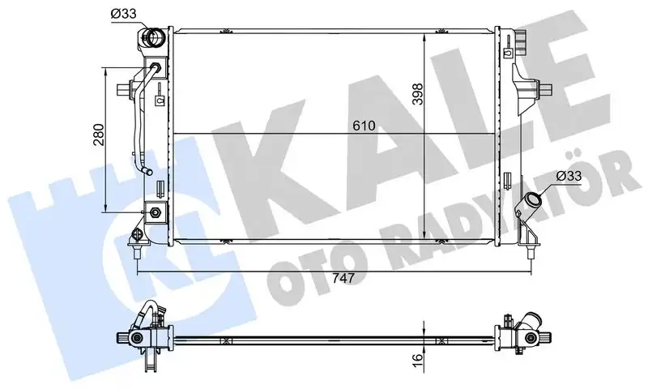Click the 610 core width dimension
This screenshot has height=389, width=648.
(x=364, y=126)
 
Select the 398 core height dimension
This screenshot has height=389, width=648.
(x=417, y=94)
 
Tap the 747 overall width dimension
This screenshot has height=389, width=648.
(x=343, y=278)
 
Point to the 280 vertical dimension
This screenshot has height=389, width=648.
(x=99, y=135)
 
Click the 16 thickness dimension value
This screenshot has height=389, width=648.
(x=418, y=357)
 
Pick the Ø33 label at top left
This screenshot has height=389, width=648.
(x=123, y=14)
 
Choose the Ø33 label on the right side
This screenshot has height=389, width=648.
(x=569, y=176)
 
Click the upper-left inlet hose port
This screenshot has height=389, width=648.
(x=154, y=38)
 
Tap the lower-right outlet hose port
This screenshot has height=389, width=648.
(x=531, y=202)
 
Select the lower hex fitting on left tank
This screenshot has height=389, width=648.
(x=156, y=212)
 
